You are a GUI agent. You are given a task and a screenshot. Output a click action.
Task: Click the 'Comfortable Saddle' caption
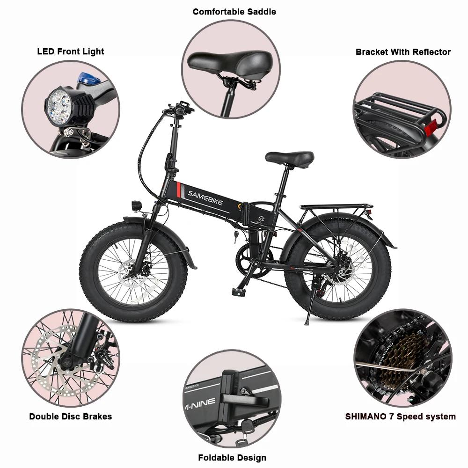[x=234, y=11]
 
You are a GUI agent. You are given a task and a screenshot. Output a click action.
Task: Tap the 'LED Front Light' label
[x=71, y=51]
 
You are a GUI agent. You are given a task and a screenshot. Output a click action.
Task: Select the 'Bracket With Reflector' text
[x=403, y=52]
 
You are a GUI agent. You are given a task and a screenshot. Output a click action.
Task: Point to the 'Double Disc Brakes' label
[x=71, y=416]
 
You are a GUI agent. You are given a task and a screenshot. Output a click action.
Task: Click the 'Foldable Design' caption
[x=232, y=457]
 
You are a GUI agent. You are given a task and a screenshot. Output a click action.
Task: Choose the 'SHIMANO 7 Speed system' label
[x=401, y=416]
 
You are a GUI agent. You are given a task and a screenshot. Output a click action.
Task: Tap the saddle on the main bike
[x=290, y=158]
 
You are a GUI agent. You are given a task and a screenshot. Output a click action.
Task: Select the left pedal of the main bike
[x=239, y=291]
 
